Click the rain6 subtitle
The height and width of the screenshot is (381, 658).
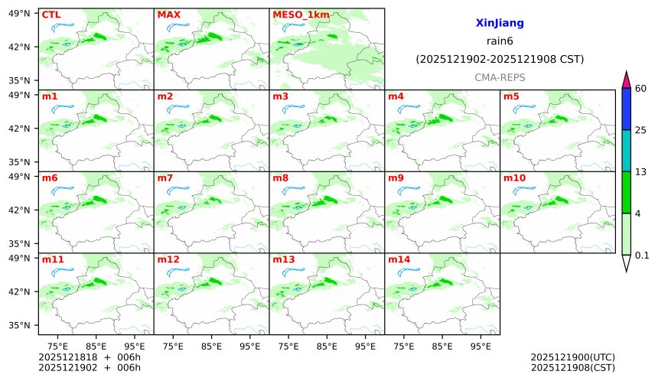(x=499, y=41)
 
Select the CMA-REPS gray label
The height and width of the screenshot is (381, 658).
(x=499, y=78)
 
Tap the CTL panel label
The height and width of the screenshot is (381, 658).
(x=50, y=15)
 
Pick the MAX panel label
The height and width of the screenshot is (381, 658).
(x=168, y=15)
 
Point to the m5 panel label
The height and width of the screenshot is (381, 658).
(x=511, y=96)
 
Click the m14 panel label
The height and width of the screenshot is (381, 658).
(x=399, y=260)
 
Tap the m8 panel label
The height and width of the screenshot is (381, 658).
(x=280, y=178)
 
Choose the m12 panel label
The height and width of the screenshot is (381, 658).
(x=168, y=260)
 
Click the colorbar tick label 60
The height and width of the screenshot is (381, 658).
(x=641, y=89)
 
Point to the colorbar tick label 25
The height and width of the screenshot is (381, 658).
(x=641, y=130)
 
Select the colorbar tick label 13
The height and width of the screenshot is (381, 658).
(x=641, y=171)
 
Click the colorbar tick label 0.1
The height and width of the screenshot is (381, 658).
(x=643, y=256)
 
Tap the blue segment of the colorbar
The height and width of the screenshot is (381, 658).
(x=626, y=109)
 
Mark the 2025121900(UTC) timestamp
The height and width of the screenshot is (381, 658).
(x=572, y=358)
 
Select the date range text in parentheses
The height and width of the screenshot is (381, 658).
(x=499, y=60)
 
